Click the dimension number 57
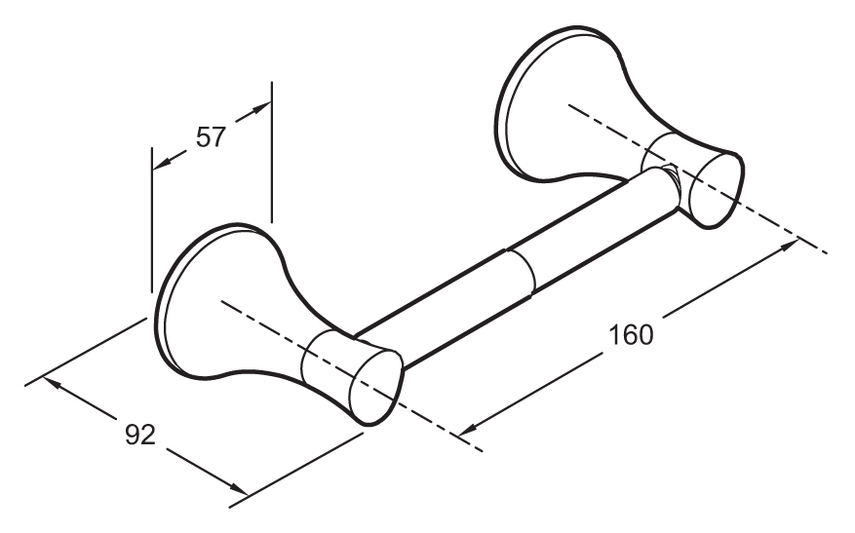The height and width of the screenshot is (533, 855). [x=211, y=137]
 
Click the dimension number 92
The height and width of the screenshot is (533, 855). [x=140, y=435]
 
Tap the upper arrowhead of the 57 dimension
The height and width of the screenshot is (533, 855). [x=261, y=108]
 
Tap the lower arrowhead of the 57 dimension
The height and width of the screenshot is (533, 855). [x=163, y=163]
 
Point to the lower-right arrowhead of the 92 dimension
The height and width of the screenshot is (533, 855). [x=238, y=488]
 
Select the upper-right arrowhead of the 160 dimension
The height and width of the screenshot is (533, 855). [x=788, y=246]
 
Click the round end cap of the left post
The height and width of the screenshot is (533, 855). [x=376, y=388]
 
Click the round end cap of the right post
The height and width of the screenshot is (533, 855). [x=716, y=190]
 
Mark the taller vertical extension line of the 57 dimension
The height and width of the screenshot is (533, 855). [x=271, y=152]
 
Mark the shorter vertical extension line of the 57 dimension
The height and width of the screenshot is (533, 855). [x=152, y=219]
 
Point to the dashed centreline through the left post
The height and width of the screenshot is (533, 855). [x=352, y=375]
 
